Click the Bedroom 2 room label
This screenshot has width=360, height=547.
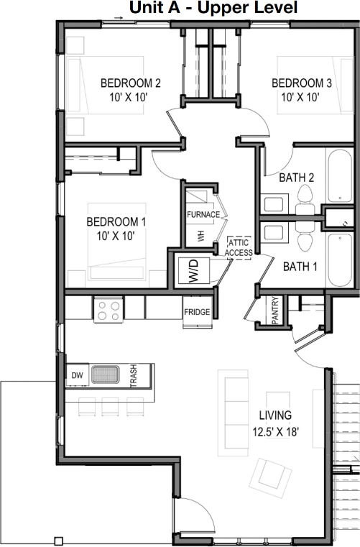(131, 90)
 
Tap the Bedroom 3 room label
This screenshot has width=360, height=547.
(301, 90)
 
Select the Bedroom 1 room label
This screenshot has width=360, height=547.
(116, 229)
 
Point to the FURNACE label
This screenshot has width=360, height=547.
(203, 214)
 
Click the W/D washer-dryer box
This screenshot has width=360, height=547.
(193, 271)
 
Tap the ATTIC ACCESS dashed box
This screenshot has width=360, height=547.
(239, 248)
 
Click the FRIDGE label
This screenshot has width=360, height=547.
(197, 312)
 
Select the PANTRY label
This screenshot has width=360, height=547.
(275, 310)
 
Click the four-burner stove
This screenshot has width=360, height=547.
(108, 310)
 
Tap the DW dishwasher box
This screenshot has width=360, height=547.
(78, 375)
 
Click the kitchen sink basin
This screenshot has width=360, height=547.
(106, 374)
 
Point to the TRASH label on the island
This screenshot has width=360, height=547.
(134, 375)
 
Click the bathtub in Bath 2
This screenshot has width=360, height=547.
(340, 176)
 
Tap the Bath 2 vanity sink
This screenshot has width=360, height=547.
(274, 204)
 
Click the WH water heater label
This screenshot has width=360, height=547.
(201, 236)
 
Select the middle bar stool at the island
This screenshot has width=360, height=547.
(110, 406)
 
